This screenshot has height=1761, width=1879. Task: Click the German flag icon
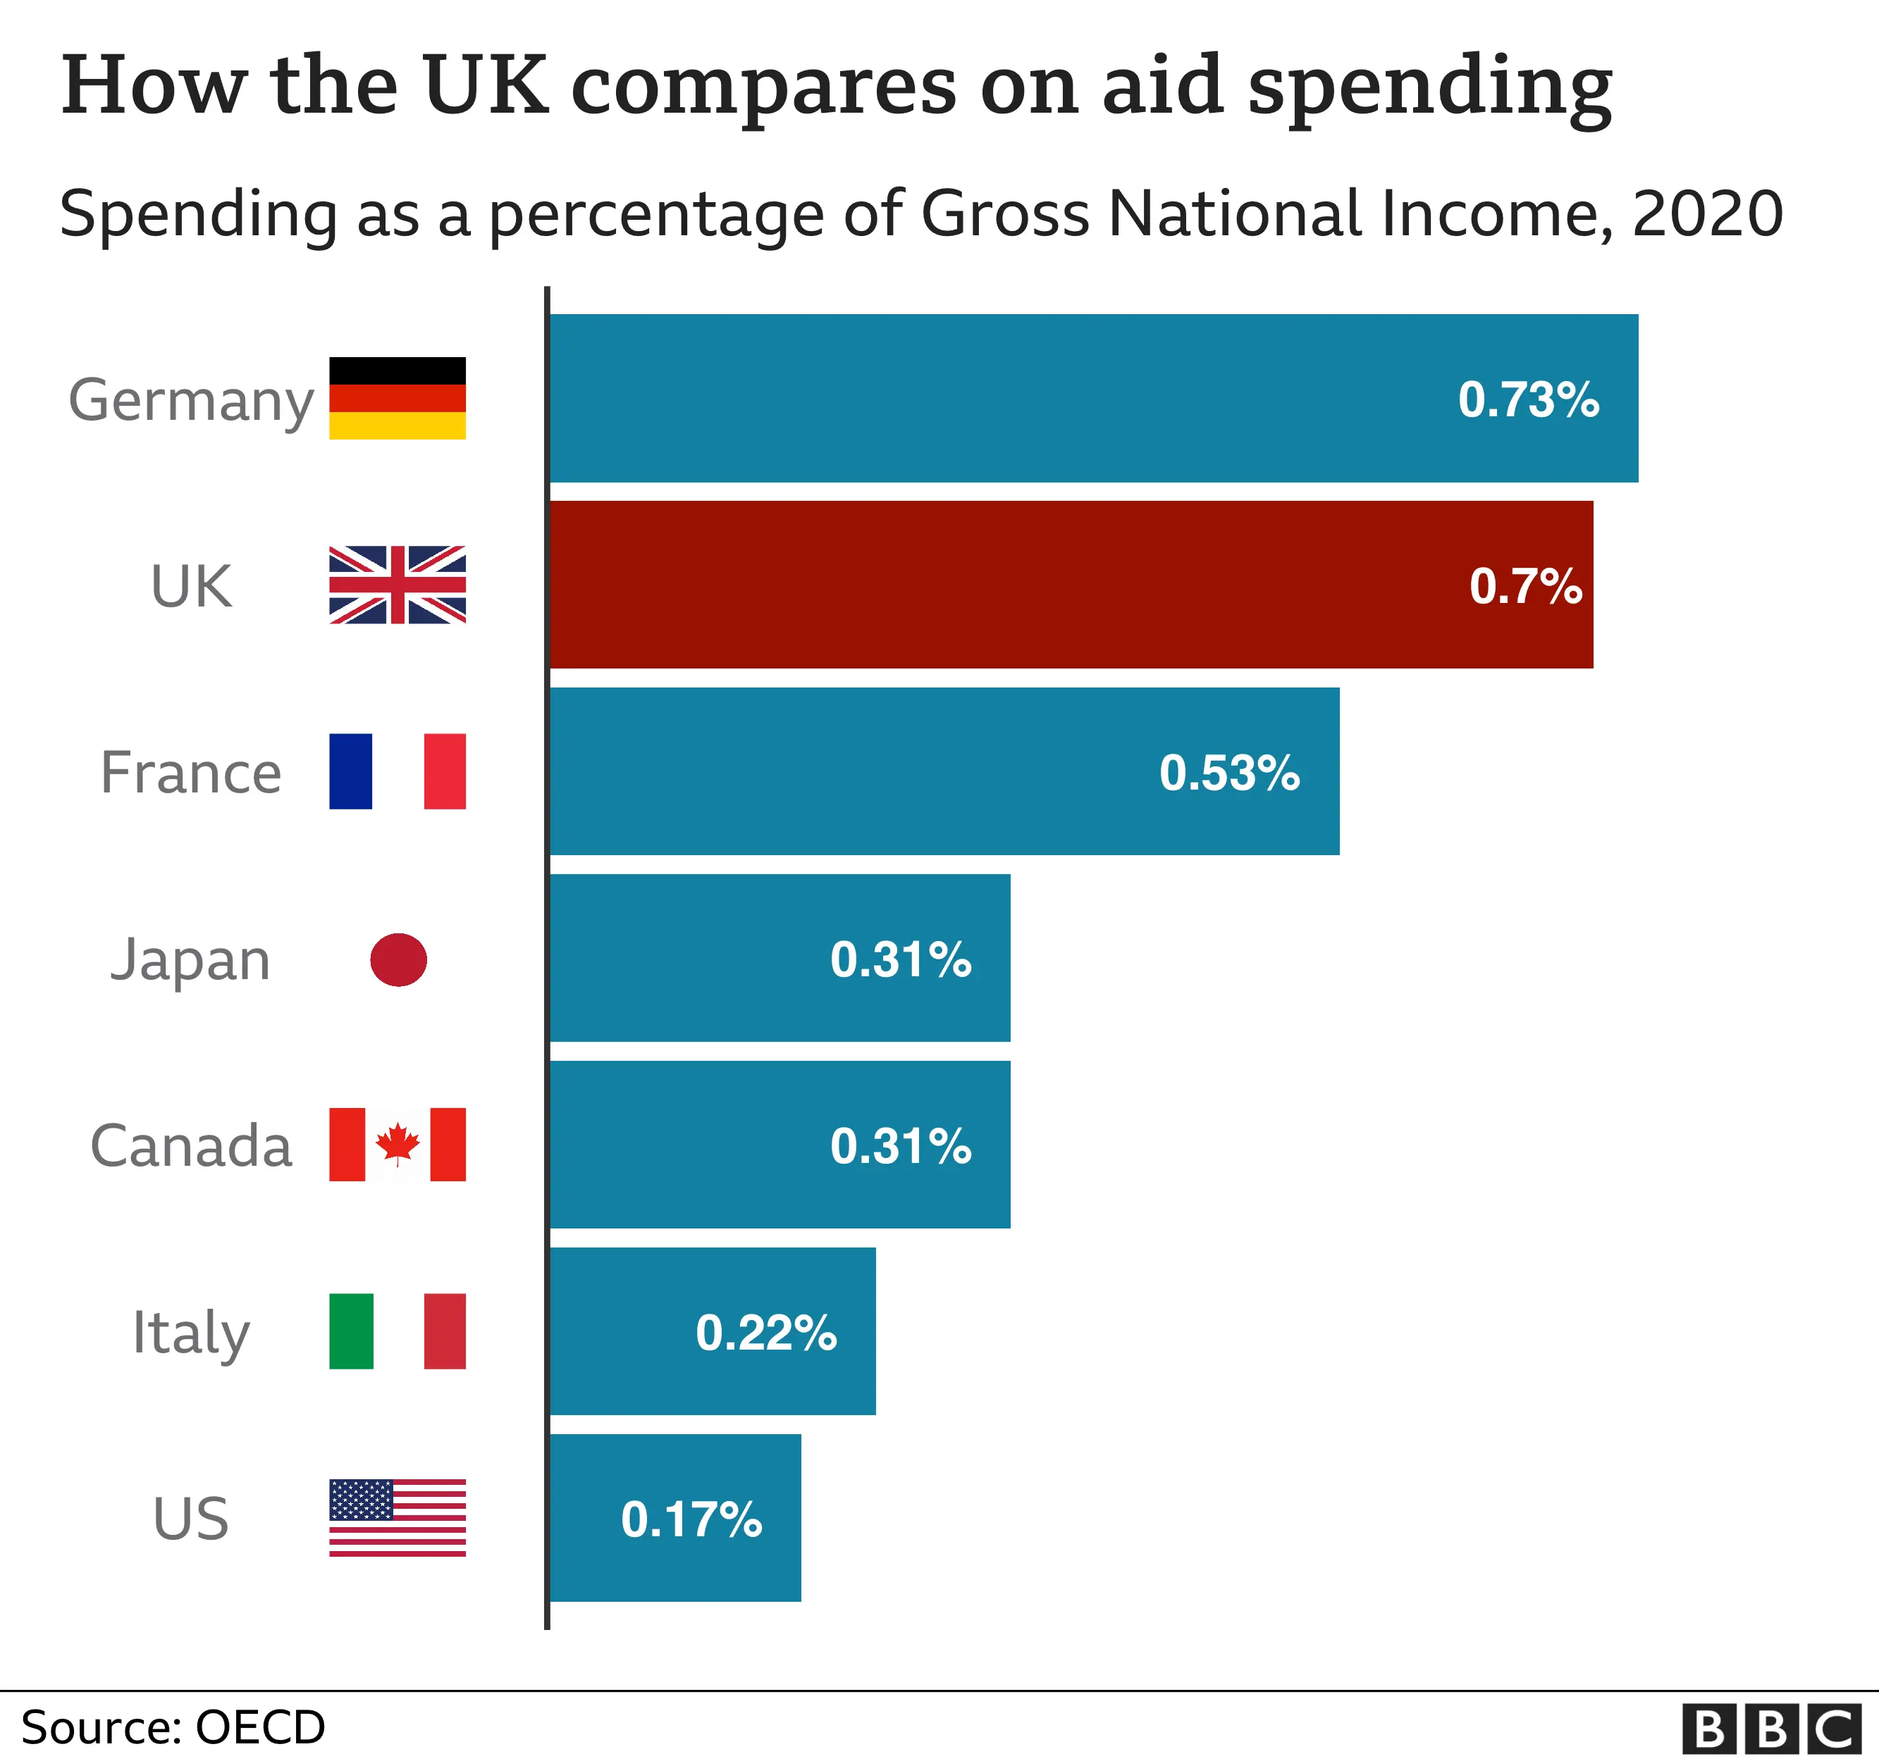point(397,398)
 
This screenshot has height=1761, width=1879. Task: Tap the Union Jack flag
point(397,585)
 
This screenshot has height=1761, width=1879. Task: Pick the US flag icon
point(397,1517)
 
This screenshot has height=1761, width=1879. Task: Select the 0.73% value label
point(1527,399)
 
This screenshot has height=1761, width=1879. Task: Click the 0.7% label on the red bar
point(1524,586)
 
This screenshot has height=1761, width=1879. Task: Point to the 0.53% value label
point(1228,773)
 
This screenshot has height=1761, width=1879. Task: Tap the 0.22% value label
point(765,1332)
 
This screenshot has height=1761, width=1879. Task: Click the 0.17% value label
point(691,1519)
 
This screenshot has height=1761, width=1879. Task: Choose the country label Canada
point(191,1145)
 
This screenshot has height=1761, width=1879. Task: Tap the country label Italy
point(191,1332)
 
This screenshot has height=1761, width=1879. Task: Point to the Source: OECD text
point(173,1727)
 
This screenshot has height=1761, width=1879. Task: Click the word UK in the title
point(486,85)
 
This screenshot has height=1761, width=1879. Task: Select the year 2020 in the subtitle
point(1707,213)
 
